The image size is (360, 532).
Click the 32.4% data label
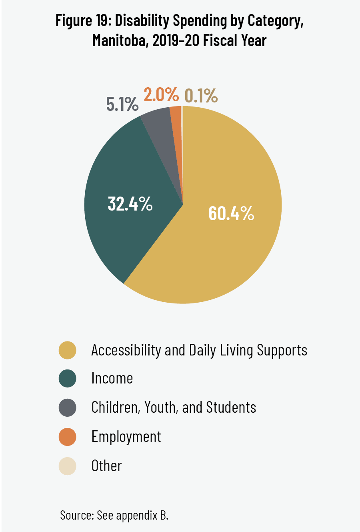coord(130,204)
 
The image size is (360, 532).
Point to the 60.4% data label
coord(231,213)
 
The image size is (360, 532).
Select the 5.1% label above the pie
coord(122,104)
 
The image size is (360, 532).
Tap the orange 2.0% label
coord(161,95)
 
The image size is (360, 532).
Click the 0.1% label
coord(201,96)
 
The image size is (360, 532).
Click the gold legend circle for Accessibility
coord(67,350)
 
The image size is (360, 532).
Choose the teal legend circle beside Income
coord(67,379)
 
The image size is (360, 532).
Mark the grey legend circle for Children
coord(67,408)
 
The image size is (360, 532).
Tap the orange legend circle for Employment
coord(67,437)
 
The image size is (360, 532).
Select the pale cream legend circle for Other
coord(67,466)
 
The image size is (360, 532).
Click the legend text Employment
coord(126,437)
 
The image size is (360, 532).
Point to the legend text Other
coord(106,466)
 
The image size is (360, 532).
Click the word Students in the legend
coord(231,408)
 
